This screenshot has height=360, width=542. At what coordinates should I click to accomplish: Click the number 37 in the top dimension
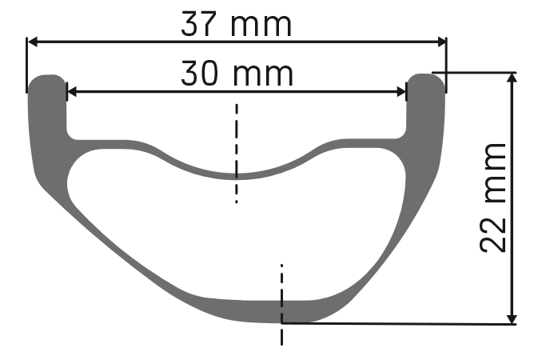point(194,23)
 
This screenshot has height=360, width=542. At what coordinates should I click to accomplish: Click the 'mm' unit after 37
point(261,26)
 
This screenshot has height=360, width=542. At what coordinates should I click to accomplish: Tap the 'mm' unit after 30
point(263,76)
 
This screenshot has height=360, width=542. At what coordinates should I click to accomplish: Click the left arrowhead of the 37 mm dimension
point(33,42)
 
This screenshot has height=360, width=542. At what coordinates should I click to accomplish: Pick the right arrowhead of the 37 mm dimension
point(442,42)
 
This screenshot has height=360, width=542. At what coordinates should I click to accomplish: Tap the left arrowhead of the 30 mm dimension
point(72,92)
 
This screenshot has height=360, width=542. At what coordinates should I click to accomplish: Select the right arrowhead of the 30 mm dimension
point(401,92)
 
